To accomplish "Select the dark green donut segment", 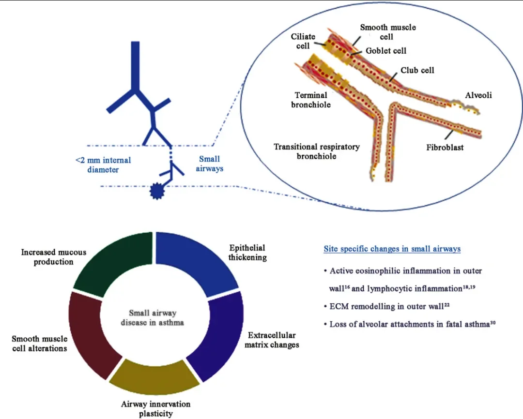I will [114, 264].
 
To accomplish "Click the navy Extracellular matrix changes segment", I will [218, 339].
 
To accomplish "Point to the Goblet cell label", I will [386, 50].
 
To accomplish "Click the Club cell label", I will [417, 70].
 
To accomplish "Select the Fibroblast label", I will [445, 147].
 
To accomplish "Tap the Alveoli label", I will [478, 95].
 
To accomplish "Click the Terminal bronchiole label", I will [311, 100].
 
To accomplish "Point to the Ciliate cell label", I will [303, 41].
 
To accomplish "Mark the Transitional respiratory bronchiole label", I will [316, 151].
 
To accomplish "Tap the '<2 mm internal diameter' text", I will [103, 165].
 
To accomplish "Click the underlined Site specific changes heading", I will [392, 249].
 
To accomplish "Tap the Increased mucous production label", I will [54, 257].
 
